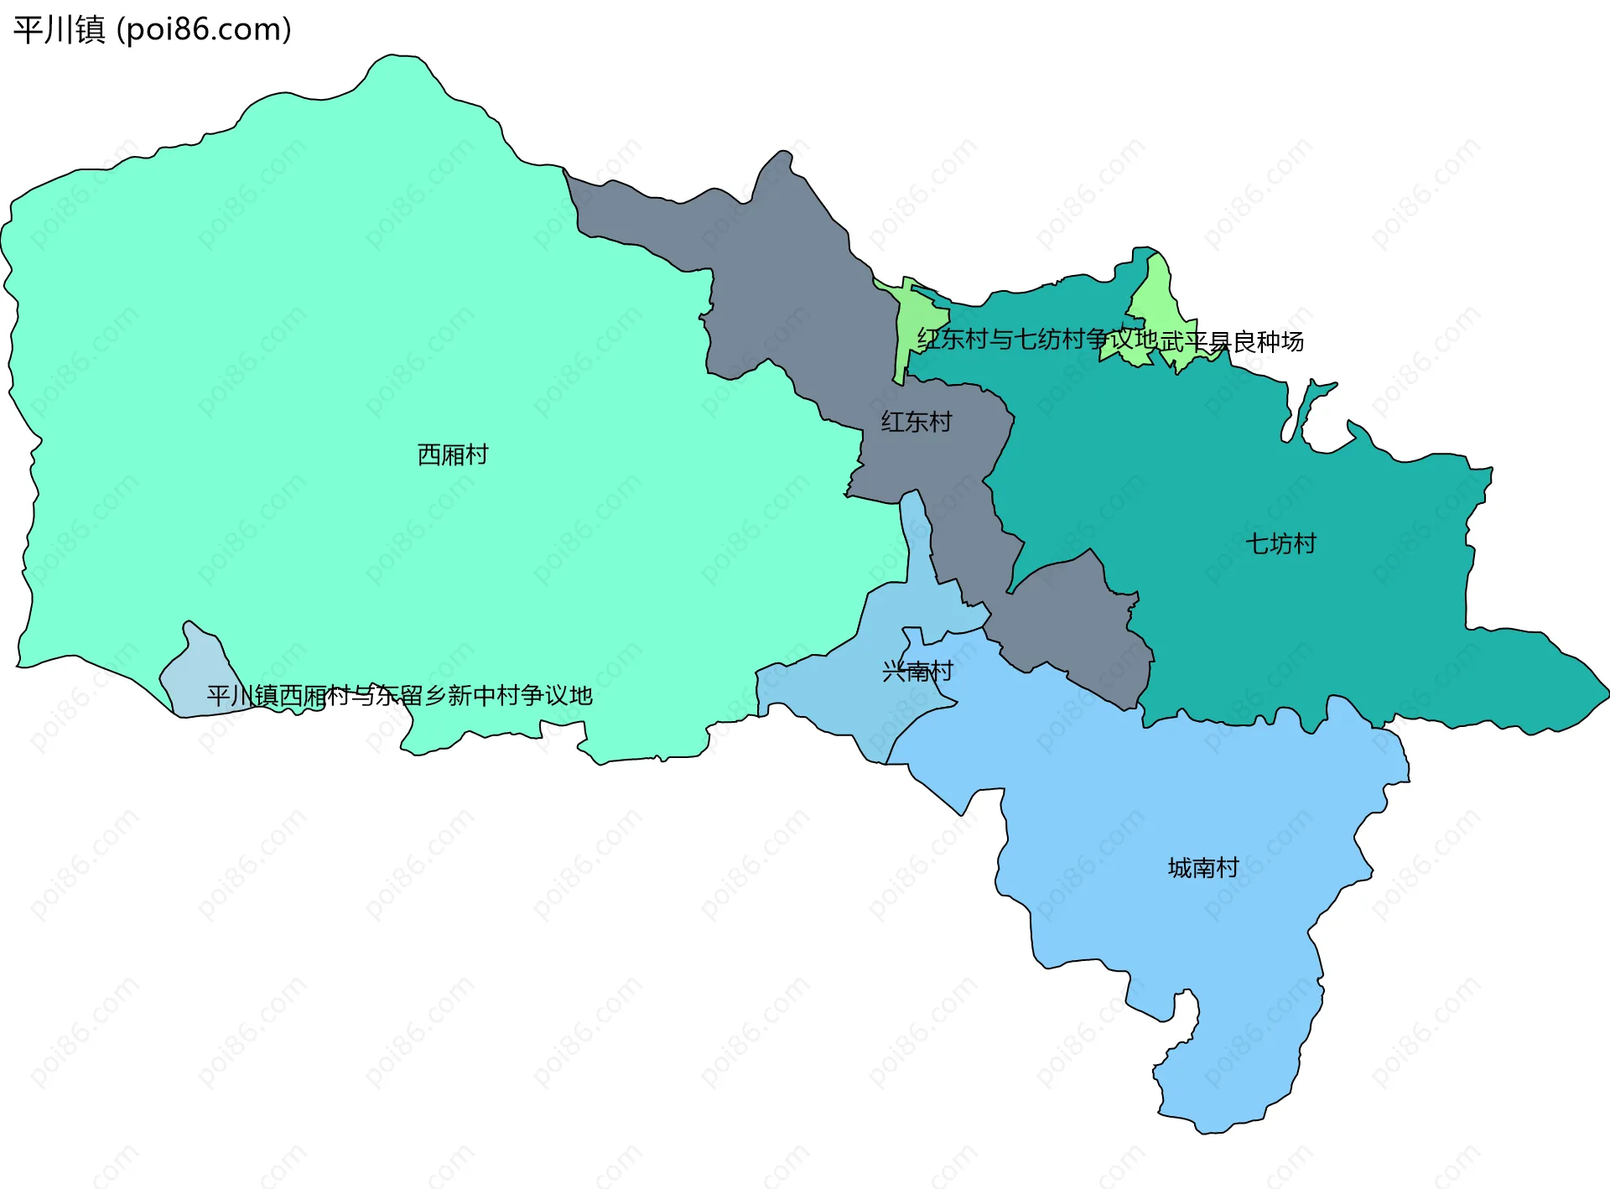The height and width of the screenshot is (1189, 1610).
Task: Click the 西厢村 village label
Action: coord(453,454)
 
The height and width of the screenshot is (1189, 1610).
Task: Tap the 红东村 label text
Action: coord(916,421)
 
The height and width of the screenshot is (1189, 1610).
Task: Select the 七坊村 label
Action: coord(1280,543)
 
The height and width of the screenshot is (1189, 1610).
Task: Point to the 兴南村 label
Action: coord(917,671)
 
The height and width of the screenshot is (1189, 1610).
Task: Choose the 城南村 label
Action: coord(1203,867)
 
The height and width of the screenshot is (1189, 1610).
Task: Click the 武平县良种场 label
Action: coord(1232,341)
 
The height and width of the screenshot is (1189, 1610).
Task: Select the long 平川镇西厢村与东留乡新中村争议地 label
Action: coord(400,695)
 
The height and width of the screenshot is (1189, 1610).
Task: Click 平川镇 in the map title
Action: coord(59,29)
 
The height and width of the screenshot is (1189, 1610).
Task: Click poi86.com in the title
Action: coord(204,29)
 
